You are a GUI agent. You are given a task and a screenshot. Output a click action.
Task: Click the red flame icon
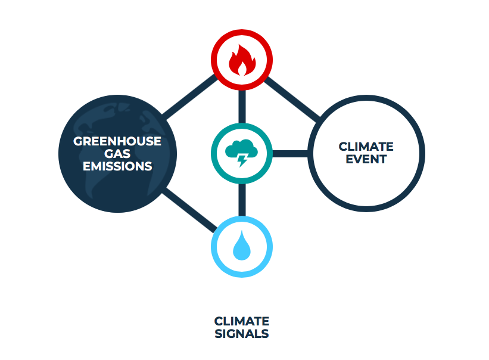click(241, 61)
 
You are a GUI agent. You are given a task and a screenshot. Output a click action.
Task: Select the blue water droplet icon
click(241, 246)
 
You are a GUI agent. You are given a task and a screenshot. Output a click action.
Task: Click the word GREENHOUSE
click(117, 141)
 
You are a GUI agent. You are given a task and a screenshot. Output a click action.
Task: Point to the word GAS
click(117, 154)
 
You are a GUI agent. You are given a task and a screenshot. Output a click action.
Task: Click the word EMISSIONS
click(117, 166)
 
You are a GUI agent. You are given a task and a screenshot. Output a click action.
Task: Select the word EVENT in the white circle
click(366, 159)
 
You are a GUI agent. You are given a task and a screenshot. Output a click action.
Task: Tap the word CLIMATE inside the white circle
click(366, 146)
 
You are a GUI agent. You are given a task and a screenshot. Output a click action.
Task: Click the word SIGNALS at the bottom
click(241, 333)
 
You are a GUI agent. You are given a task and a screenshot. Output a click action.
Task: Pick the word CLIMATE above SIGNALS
click(241, 321)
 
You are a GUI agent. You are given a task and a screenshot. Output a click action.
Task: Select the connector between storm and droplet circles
click(242, 199)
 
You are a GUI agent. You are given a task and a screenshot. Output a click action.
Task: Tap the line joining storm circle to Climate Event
click(291, 154)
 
